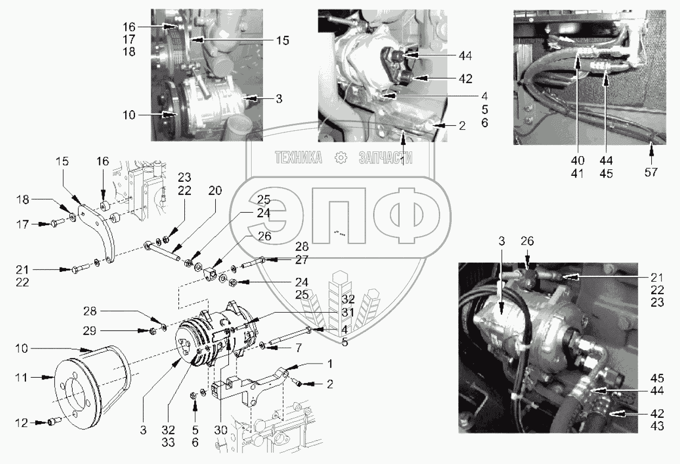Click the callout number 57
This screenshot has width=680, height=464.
(x=651, y=172)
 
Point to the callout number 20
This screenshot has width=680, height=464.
(x=215, y=191)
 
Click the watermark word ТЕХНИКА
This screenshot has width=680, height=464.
(x=298, y=158)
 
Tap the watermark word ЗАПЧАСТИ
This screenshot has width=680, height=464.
(x=386, y=158)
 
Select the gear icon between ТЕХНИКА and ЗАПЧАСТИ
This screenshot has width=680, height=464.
(x=341, y=158)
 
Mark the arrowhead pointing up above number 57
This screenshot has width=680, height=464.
(x=651, y=144)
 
